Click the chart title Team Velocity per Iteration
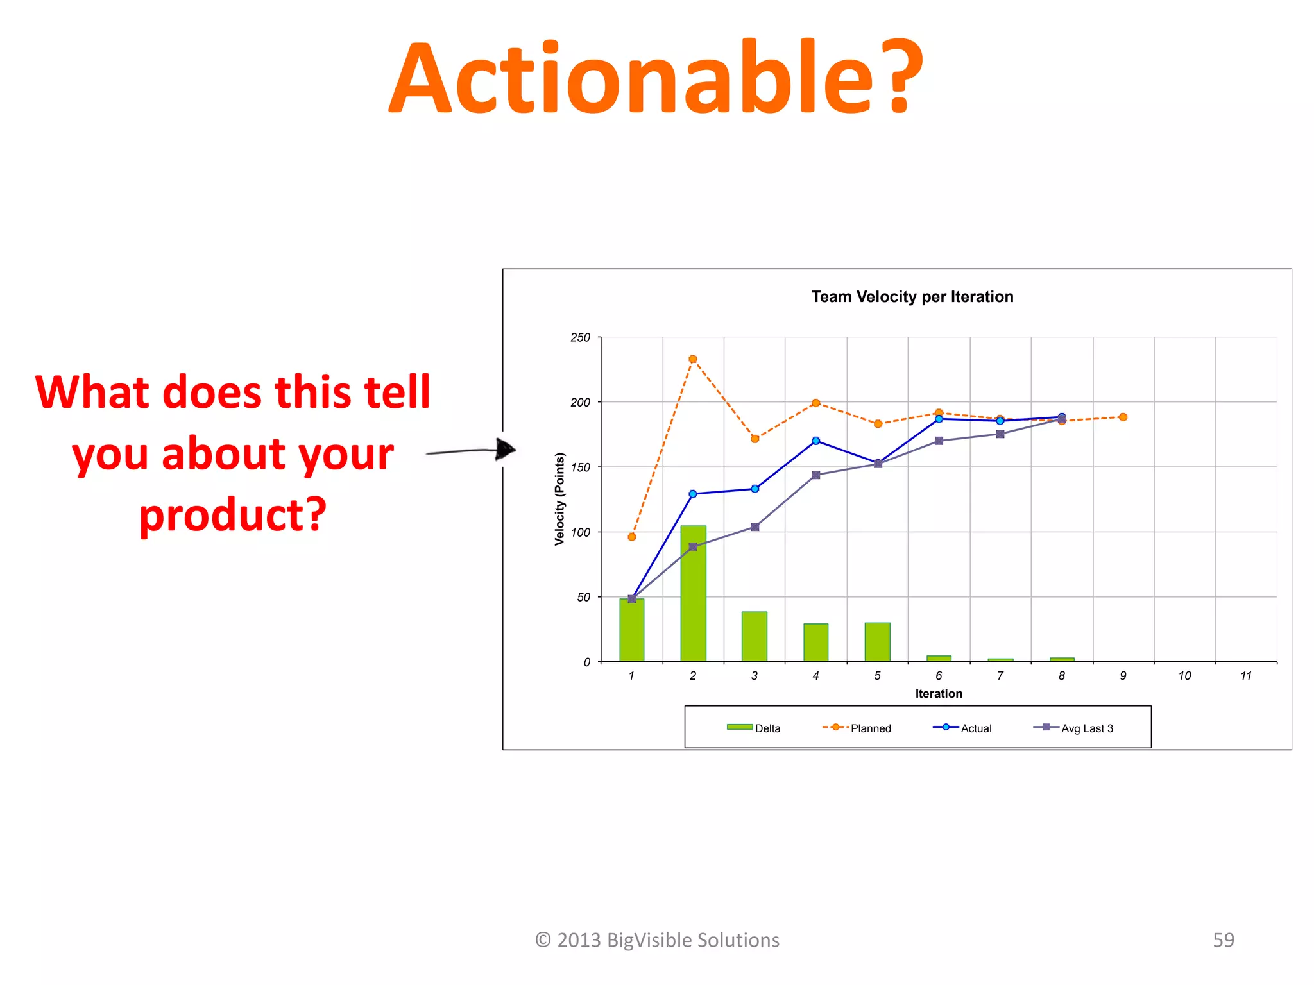coord(912,297)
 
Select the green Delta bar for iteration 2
coord(693,593)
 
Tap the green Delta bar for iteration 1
coord(631,630)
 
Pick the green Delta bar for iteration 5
coord(877,641)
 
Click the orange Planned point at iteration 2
coord(693,359)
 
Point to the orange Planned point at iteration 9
coord(1123,417)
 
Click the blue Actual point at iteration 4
coord(815,441)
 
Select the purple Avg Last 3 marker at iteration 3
coord(755,527)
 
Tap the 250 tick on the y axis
coord(580,337)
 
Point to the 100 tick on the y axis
coord(580,532)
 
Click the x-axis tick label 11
coord(1245,676)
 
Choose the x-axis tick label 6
coord(939,676)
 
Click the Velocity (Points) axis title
coord(559,499)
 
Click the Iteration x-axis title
coord(938,694)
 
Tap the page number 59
coord(1223,939)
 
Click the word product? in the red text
coord(232,515)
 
